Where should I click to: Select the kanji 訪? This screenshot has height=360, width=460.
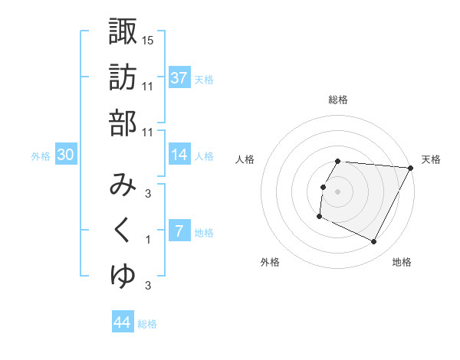pos(123,77)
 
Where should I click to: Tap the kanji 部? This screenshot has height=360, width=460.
pos(123,123)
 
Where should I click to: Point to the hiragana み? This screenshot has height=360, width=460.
pos(123,185)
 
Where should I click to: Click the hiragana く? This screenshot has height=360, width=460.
pos(123,231)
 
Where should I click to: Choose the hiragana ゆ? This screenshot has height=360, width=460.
pos(123,277)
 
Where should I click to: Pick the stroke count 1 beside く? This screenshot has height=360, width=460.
pos(148,240)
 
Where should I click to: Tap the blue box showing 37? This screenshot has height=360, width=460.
pos(179,78)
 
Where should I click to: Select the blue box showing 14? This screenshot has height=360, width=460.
pos(179,155)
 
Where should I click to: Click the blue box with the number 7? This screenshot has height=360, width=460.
pos(179,231)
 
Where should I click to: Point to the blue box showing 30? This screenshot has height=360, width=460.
pos(66,155)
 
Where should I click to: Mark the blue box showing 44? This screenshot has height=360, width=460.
pos(123,322)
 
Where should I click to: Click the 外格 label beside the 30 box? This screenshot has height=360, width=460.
pos(41,156)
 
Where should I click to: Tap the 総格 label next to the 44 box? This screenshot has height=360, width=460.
pos(147,324)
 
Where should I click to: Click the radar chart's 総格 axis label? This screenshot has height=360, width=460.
pos(337,100)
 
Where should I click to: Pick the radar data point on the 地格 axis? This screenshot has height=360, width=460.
pos(374,242)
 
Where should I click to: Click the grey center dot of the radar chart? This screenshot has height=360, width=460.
pos(337,191)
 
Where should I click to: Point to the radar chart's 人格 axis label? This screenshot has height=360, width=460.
pos(245,159)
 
